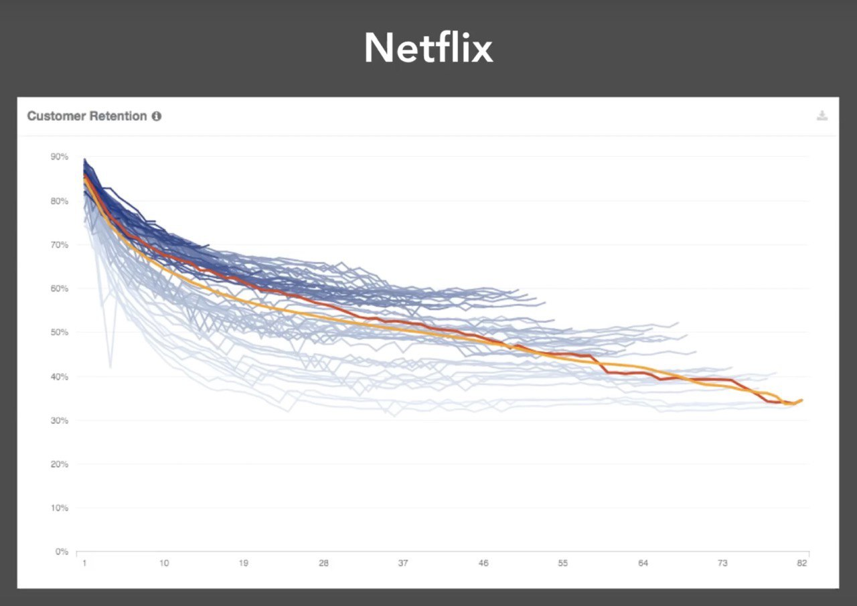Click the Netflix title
tap(428, 48)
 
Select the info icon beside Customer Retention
tap(157, 116)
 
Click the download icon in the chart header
tap(822, 116)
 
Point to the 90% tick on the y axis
tap(59, 157)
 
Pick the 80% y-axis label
tap(59, 201)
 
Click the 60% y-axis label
tap(59, 289)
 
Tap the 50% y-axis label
tap(59, 332)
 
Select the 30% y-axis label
tap(59, 421)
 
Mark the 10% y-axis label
tap(59, 508)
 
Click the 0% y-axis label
tap(62, 552)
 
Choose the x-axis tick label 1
tap(84, 564)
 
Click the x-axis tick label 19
tap(243, 564)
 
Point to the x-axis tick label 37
tap(403, 564)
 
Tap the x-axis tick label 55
tap(562, 564)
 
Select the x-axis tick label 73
tap(722, 564)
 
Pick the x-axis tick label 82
tap(802, 564)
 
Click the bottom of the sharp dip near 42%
tap(110, 367)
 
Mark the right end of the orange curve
tap(802, 400)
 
